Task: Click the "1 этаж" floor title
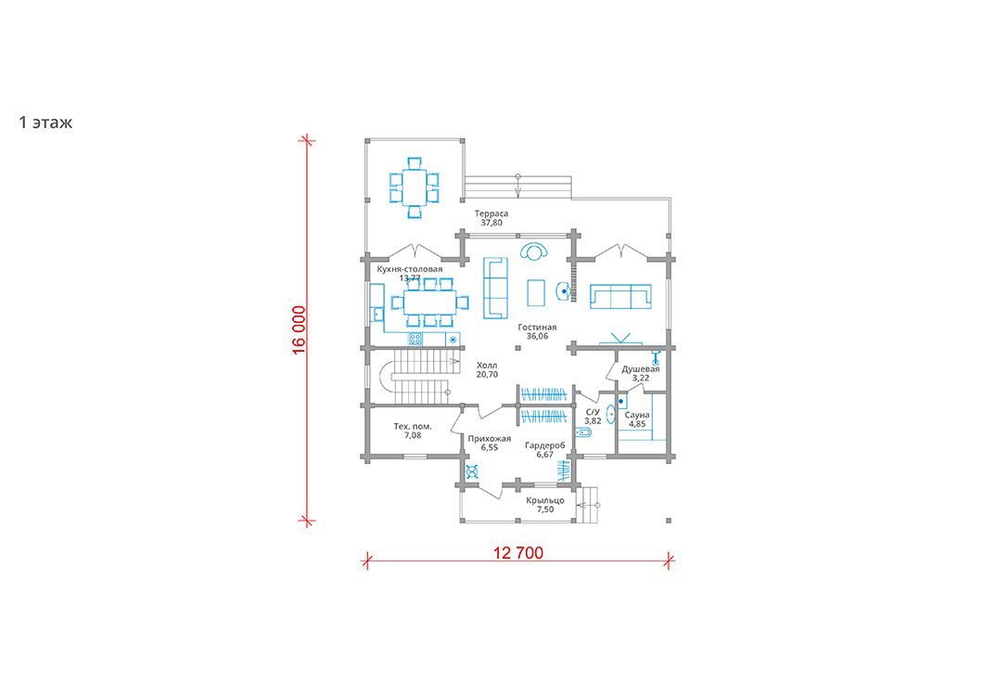click(45, 122)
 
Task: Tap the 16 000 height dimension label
click(299, 330)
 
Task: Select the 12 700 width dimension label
click(518, 553)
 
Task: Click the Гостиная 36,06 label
click(537, 331)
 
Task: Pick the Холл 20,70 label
click(487, 369)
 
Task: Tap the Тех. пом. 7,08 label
click(413, 431)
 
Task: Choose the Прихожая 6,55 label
click(490, 443)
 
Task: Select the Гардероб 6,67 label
click(544, 449)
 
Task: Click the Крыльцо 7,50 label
click(545, 505)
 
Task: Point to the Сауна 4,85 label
click(637, 419)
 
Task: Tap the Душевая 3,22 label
click(641, 373)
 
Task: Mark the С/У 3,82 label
click(593, 417)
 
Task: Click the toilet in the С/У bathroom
click(583, 432)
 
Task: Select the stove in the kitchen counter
click(415, 340)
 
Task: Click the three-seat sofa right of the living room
click(620, 296)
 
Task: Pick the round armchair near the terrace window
click(534, 251)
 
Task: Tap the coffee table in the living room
click(536, 292)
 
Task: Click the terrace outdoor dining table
click(414, 187)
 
